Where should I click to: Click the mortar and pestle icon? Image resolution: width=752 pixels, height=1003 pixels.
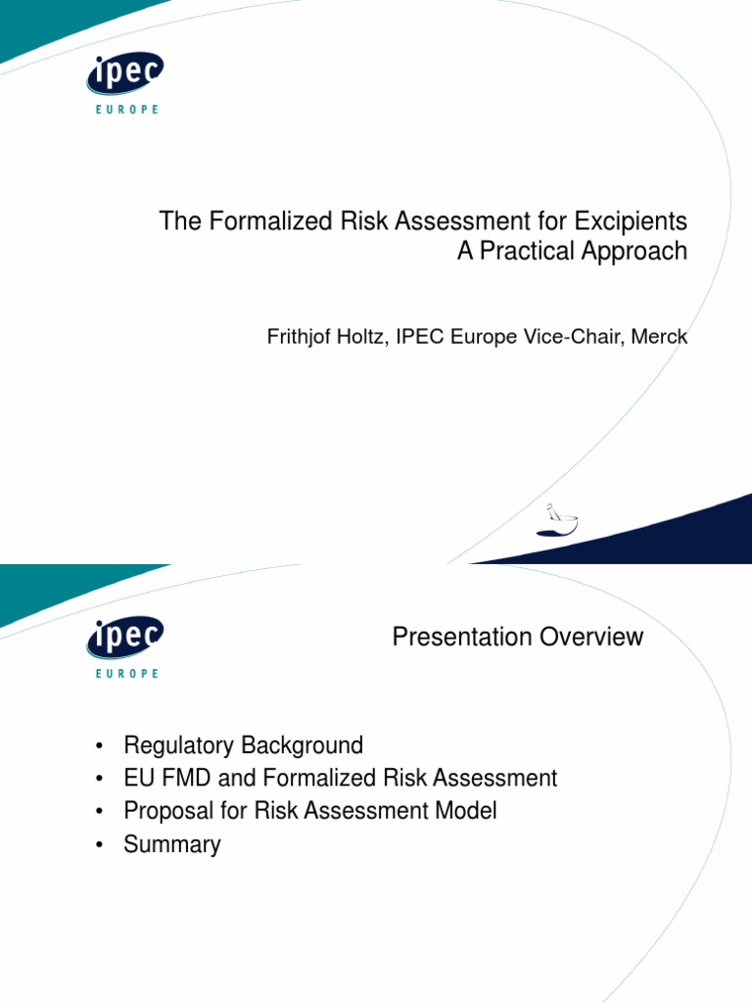click(x=556, y=519)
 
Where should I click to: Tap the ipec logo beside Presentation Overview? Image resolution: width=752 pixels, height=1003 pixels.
click(x=124, y=640)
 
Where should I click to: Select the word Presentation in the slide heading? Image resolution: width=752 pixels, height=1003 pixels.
click(x=450, y=637)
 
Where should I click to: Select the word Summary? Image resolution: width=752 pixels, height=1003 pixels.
click(x=172, y=844)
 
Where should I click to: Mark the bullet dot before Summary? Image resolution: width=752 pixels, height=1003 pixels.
click(x=100, y=845)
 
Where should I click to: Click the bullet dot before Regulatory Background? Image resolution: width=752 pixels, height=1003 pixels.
click(x=100, y=747)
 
